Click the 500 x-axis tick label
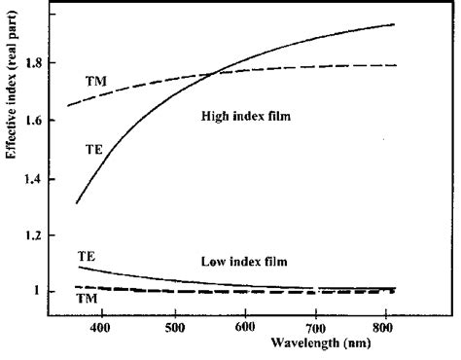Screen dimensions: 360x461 175,328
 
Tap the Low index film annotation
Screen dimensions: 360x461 243,261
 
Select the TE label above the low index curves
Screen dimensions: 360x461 87,255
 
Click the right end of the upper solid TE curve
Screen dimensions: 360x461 394,24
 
